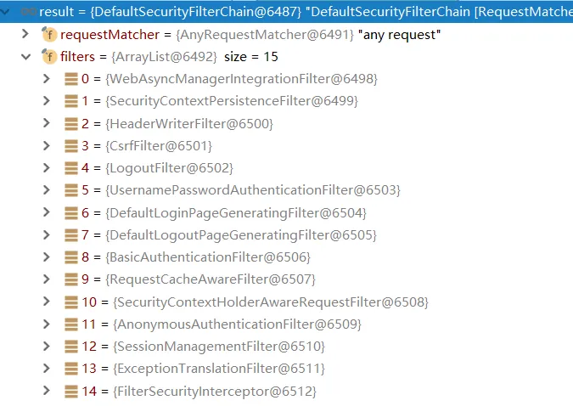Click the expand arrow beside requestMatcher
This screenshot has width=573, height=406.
pyautogui.click(x=25, y=34)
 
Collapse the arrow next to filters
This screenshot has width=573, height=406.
pyautogui.click(x=25, y=57)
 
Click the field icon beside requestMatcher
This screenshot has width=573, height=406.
pyautogui.click(x=49, y=34)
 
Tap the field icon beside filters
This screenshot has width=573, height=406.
pyautogui.click(x=49, y=57)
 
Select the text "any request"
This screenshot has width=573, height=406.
pyautogui.click(x=400, y=35)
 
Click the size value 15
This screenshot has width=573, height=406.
pyautogui.click(x=271, y=57)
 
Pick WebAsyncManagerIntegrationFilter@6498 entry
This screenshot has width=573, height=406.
pyautogui.click(x=242, y=79)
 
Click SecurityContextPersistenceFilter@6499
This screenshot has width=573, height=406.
pyautogui.click(x=232, y=101)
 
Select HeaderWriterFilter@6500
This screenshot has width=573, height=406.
pyautogui.click(x=189, y=124)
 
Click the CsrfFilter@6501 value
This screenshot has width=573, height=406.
pyautogui.click(x=159, y=146)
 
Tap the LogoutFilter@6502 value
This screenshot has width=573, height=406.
pyautogui.click(x=169, y=168)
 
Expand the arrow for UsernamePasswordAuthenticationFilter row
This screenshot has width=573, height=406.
pyautogui.click(x=46, y=189)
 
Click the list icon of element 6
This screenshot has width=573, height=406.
pyautogui.click(x=71, y=213)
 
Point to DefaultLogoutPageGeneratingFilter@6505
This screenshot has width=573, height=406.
pyautogui.click(x=241, y=235)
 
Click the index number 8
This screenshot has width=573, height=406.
pyautogui.click(x=85, y=257)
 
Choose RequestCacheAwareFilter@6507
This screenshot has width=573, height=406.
pyautogui.click(x=211, y=279)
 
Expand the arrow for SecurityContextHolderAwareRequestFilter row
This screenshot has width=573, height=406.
pyautogui.click(x=46, y=302)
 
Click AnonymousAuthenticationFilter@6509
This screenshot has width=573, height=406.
pyautogui.click(x=237, y=324)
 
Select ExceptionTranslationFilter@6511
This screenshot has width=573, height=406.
pyautogui.click(x=219, y=369)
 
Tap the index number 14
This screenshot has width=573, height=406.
pyautogui.click(x=89, y=392)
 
